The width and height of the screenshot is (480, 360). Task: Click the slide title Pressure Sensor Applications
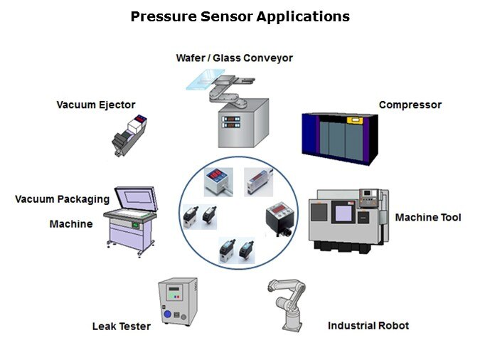[240, 16]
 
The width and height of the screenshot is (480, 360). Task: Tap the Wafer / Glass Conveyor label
[234, 58]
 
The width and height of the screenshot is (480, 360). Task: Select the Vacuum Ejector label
[96, 105]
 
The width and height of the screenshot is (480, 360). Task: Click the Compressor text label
[410, 105]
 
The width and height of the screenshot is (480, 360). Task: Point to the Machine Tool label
[428, 217]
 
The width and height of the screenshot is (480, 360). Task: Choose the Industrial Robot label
[368, 325]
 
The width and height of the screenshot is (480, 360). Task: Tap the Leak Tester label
[122, 327]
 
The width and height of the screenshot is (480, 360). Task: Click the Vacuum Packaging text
[62, 199]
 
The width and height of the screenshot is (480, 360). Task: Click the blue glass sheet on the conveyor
[205, 79]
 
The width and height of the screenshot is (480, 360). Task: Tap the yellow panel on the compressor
[355, 120]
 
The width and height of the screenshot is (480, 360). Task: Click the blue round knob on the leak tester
[167, 314]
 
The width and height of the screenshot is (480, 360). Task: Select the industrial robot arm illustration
[287, 305]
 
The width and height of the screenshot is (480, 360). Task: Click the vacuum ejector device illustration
[129, 135]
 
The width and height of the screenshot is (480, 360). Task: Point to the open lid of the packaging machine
[137, 198]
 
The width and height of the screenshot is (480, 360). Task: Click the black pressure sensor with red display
[280, 218]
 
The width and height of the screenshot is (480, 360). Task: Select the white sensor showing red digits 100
[218, 181]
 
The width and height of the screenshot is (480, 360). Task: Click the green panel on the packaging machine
[135, 226]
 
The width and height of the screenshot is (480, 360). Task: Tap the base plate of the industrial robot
[293, 328]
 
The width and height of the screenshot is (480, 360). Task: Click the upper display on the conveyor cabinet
[231, 119]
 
